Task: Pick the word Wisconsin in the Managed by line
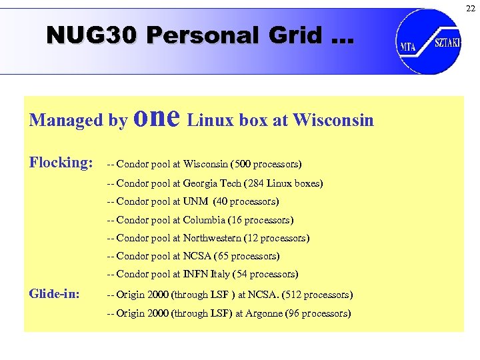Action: tap(333, 120)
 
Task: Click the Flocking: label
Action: tap(61, 162)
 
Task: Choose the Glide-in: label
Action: tap(55, 294)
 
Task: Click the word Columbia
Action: tap(203, 219)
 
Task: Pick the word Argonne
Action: tap(263, 313)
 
